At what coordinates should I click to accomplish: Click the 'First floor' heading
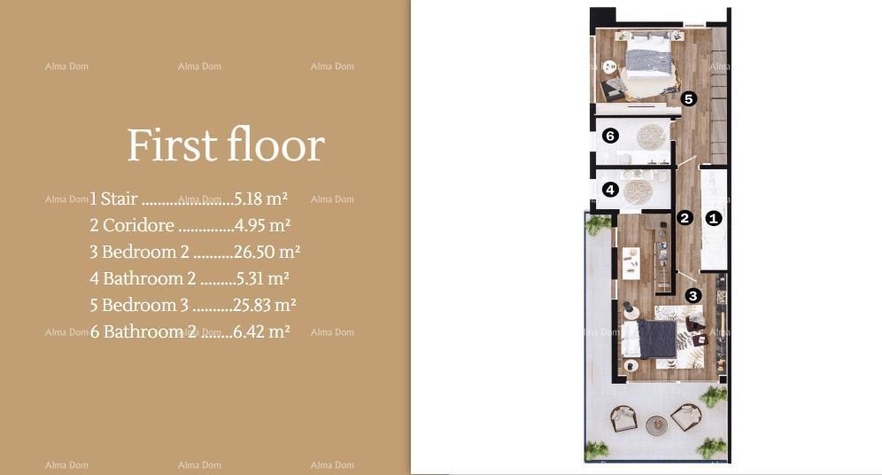coord(226,145)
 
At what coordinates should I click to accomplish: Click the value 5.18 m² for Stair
coord(261,199)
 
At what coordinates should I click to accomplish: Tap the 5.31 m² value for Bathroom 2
coord(263,278)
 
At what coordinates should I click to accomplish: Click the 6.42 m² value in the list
coord(261,331)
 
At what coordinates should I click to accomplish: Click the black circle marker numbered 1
coord(714,217)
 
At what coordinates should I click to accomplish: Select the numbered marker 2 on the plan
coord(685,217)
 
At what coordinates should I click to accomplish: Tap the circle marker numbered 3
coord(693,295)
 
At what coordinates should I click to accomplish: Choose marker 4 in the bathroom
coord(609,190)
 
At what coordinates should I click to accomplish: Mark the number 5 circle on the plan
coord(689,99)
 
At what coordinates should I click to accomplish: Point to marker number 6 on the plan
coord(609,136)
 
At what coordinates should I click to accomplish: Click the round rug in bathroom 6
coord(651,136)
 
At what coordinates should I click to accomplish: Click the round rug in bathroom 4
coord(638,191)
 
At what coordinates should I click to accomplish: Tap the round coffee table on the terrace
coord(656,425)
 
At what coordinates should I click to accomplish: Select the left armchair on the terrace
coord(624,417)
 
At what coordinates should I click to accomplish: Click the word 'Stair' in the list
coord(120,199)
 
